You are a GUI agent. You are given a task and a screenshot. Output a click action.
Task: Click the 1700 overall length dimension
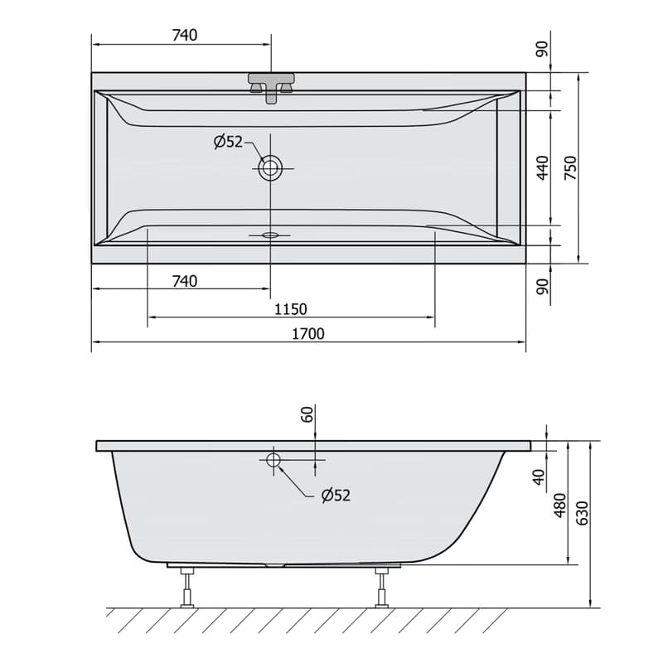(x=308, y=334)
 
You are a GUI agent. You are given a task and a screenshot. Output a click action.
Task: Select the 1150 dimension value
(x=291, y=309)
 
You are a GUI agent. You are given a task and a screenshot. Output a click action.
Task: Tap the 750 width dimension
(x=571, y=168)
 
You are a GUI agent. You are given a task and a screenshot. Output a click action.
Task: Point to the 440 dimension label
(x=543, y=168)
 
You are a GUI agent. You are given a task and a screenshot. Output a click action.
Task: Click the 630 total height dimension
(x=583, y=513)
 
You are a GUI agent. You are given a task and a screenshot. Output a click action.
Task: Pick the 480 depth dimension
(x=560, y=506)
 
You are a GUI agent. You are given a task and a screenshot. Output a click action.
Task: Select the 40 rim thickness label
(x=539, y=477)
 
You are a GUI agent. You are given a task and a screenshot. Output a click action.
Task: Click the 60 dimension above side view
(x=307, y=414)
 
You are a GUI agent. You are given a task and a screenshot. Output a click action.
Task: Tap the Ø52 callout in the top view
(x=229, y=142)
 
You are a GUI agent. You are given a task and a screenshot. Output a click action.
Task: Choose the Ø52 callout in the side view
(x=336, y=495)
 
